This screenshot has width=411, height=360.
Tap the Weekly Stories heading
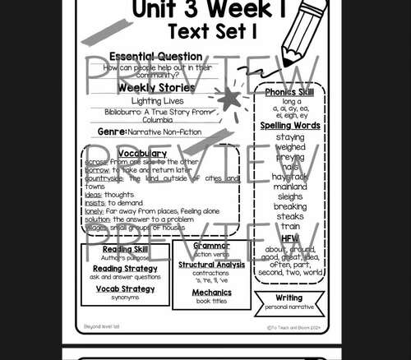(x=156, y=87)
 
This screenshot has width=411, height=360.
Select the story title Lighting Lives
(x=156, y=100)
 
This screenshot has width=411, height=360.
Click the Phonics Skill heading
(x=290, y=92)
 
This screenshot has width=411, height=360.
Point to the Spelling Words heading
(x=290, y=126)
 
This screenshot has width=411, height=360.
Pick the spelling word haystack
(x=290, y=176)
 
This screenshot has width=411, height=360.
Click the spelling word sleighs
(x=290, y=196)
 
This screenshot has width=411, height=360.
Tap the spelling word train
(x=290, y=226)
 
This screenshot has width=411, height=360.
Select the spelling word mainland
(x=290, y=187)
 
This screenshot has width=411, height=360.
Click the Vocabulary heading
(x=142, y=153)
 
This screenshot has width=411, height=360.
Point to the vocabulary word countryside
(x=104, y=178)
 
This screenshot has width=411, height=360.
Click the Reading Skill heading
(x=125, y=249)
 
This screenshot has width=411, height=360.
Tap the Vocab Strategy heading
(x=125, y=288)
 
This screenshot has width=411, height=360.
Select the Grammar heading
(x=211, y=246)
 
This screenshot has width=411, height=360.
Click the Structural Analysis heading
(x=211, y=265)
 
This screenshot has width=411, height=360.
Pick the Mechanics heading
(x=211, y=292)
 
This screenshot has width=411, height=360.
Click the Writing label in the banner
(x=289, y=298)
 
